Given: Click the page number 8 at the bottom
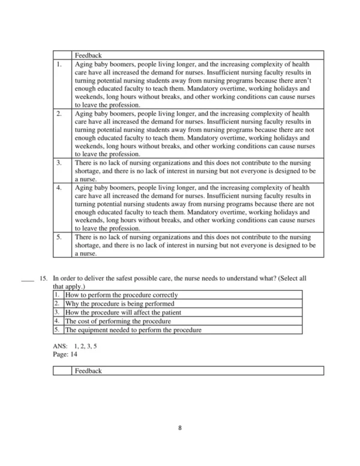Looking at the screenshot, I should tap(180, 428).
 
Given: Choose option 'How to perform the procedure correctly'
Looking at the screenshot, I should tap(121, 295).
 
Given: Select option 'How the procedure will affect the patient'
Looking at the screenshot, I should tap(123, 313).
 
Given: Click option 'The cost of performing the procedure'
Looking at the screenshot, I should tap(118, 321).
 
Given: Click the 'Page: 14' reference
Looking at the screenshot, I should tap(65, 354).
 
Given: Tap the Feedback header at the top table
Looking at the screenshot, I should tap(88, 55).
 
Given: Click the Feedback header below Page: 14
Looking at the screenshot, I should tap(88, 371).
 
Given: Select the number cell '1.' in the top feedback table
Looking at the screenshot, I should tap(59, 63).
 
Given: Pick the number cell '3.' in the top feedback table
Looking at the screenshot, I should tap(59, 163).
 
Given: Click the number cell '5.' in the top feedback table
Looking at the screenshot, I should tap(59, 237).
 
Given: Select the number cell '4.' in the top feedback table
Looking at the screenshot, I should tap(59, 188).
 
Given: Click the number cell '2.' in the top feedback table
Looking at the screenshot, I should tap(59, 113).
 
